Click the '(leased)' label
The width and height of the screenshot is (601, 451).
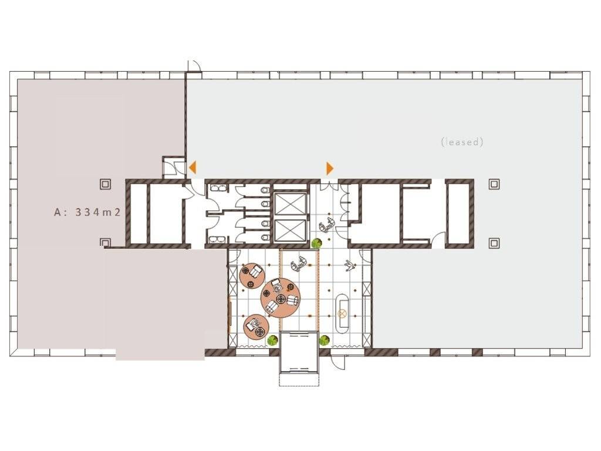[x=462, y=142]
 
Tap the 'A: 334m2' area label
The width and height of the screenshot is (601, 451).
[x=87, y=212]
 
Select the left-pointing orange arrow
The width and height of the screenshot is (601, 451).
[x=193, y=167]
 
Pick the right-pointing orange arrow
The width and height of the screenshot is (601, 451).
[x=330, y=169]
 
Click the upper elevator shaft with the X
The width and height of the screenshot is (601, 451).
[x=291, y=204]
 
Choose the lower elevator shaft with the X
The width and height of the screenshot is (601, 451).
[x=291, y=230]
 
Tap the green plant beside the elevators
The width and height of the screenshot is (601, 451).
[x=316, y=243]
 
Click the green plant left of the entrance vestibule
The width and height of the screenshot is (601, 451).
[x=272, y=340]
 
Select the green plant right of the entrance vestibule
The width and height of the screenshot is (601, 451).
[x=325, y=340]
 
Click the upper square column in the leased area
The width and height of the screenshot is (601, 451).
[x=494, y=184]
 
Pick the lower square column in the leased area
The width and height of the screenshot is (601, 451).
[x=494, y=243]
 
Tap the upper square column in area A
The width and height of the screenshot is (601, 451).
[x=106, y=184]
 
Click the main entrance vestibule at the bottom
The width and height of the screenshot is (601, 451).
[x=299, y=352]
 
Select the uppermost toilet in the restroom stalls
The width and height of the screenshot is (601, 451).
[x=265, y=190]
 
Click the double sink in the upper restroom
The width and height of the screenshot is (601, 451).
[x=217, y=189]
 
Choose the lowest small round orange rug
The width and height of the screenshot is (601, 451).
[x=256, y=327]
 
